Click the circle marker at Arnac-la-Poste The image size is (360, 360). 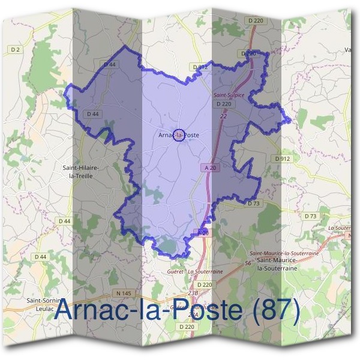[x=178, y=135]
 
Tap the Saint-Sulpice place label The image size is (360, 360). [x=228, y=95]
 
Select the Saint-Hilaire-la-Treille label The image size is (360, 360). [x=85, y=172]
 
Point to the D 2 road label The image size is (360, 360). [x=16, y=50]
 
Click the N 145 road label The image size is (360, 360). [x=123, y=293]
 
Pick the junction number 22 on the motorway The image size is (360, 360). [x=223, y=115]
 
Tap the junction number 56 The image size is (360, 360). [x=248, y=263]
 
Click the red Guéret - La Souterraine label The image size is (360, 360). [x=195, y=271]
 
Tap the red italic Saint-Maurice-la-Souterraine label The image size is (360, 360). [x=284, y=253]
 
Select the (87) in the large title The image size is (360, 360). [x=275, y=310]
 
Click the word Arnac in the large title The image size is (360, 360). [x=90, y=310]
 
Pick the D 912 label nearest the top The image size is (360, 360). [x=200, y=67]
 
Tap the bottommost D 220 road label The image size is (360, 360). [x=188, y=326]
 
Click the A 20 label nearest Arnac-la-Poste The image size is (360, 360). [x=209, y=169]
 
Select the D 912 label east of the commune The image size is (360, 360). [x=282, y=158]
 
